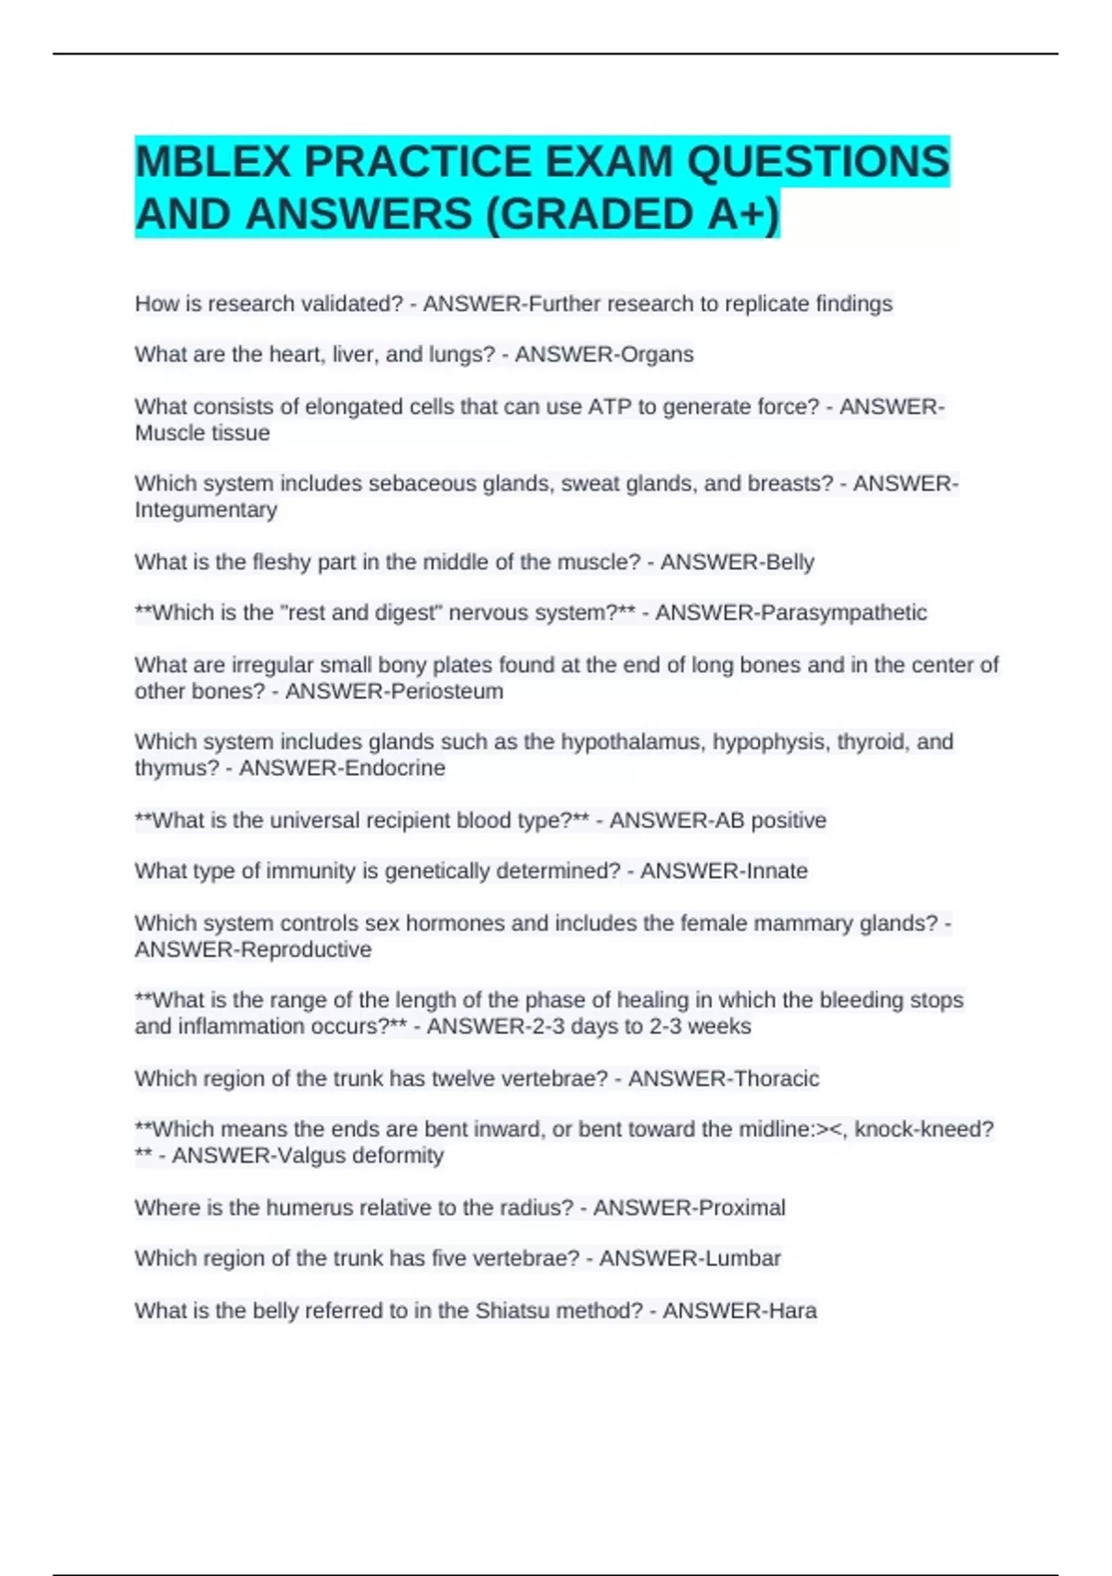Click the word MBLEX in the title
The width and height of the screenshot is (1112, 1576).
(213, 162)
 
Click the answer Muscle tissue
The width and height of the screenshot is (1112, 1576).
(202, 433)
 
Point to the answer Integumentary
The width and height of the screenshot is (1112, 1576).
(206, 510)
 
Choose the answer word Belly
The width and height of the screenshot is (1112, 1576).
(788, 562)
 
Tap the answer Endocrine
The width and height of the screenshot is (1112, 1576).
(394, 769)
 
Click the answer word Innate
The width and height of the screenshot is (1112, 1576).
(771, 871)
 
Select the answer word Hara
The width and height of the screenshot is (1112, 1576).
(790, 1311)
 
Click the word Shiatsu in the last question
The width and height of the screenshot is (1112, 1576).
(515, 1311)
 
